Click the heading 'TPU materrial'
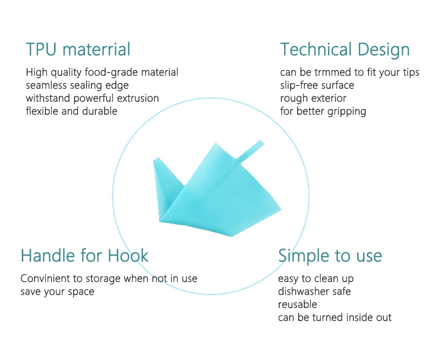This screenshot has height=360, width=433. point(78,49)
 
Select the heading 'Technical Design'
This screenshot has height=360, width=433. point(345,50)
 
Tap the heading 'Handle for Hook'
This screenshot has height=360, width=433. point(84,256)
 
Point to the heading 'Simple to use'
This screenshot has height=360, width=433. point(330,256)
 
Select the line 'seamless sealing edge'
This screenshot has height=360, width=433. point(77,86)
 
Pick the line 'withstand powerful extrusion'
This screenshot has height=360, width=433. point(92,99)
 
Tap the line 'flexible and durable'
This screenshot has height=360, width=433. point(71,111)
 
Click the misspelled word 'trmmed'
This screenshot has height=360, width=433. point(333,73)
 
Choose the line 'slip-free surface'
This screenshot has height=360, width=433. point(317,86)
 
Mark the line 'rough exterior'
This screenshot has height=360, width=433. point(313,99)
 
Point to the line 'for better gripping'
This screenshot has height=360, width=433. point(323,112)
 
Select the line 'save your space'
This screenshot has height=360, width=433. point(57,292)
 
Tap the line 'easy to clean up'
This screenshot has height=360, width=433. point(316,279)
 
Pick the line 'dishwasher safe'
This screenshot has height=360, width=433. point(314,291)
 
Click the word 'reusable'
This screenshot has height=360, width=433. point(297,304)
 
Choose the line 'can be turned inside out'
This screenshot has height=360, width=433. point(334,317)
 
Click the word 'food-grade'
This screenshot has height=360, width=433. point(111,73)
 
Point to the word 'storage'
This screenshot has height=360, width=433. point(103,279)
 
